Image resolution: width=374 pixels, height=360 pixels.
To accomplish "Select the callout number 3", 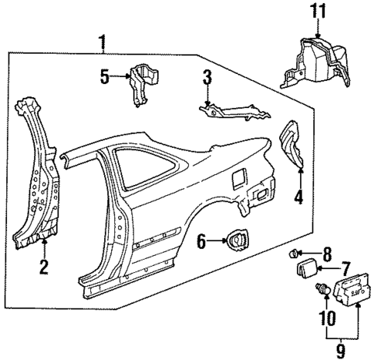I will (206, 77).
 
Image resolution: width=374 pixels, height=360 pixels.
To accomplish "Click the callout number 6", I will (200, 242).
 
